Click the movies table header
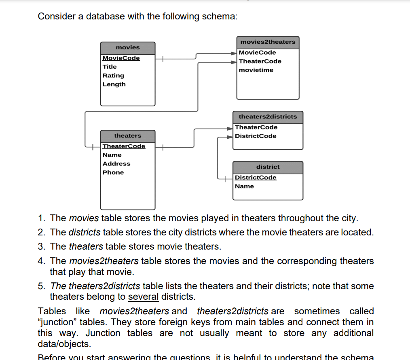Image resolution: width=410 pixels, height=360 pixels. tap(127, 48)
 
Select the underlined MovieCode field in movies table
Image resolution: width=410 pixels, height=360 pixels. tap(121, 58)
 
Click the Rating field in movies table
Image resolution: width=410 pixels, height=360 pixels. tap(113, 76)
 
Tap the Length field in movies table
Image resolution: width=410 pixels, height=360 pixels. tap(114, 85)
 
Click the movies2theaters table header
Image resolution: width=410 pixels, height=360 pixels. tap(268, 42)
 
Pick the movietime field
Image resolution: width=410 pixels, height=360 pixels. tap(256, 70)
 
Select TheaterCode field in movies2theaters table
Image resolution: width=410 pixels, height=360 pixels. tap(260, 61)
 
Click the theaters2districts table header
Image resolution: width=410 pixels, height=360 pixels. tap(268, 117)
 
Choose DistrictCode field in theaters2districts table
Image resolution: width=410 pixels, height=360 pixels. tap(256, 136)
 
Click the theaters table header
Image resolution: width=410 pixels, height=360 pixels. tap(127, 136)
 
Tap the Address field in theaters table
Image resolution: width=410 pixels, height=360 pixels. tap(116, 164)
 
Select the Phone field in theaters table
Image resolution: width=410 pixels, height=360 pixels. tap(113, 173)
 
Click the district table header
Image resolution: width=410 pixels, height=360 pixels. tap(268, 167)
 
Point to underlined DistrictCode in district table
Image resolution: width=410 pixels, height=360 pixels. tap(256, 178)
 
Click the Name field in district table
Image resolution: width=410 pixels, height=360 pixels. tap(244, 186)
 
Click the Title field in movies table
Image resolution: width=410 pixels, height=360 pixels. tap(110, 67)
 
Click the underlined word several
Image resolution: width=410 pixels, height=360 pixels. tap(143, 297)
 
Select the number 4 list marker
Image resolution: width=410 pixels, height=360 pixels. tap(41, 261)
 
